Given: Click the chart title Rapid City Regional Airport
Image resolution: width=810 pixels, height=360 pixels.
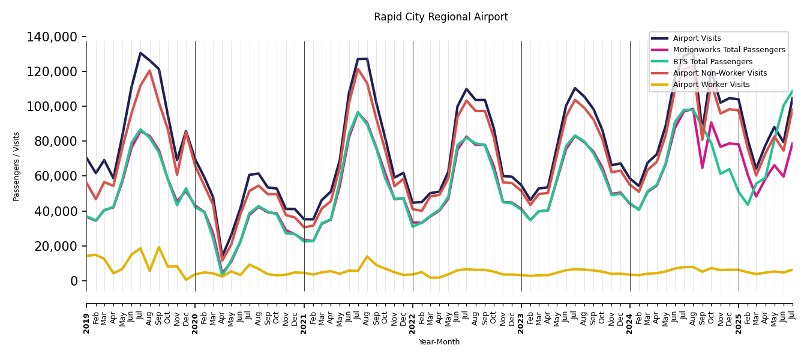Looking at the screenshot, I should tap(440, 17).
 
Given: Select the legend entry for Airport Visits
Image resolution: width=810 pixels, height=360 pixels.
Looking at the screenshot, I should tap(697, 38).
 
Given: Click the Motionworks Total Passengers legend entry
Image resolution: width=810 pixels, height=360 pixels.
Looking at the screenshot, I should tap(728, 50).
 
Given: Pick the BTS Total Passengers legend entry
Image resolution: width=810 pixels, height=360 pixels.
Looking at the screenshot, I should tap(712, 62).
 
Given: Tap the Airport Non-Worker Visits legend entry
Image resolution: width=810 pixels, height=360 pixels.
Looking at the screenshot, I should tap(719, 73).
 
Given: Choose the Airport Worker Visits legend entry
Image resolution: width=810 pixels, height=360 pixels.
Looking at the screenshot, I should tap(711, 85).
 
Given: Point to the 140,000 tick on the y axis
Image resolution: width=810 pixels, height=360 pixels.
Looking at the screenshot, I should tap(52, 37).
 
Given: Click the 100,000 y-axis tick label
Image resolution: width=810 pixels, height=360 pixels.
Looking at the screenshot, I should tap(52, 107).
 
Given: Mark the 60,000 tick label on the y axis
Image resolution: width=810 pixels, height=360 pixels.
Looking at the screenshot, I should tap(55, 176).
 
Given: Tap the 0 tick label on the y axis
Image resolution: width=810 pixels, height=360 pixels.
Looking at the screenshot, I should tap(74, 281).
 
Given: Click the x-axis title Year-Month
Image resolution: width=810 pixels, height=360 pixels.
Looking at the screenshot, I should tap(439, 342).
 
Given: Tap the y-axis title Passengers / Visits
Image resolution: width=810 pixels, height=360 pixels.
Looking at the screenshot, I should tap(17, 166).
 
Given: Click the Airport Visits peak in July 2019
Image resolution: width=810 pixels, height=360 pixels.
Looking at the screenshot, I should tap(140, 53).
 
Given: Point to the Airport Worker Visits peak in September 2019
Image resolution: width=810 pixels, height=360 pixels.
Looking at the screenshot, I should tap(159, 247).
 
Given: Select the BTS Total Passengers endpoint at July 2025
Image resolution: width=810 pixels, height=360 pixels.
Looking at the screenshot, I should tap(792, 91).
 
